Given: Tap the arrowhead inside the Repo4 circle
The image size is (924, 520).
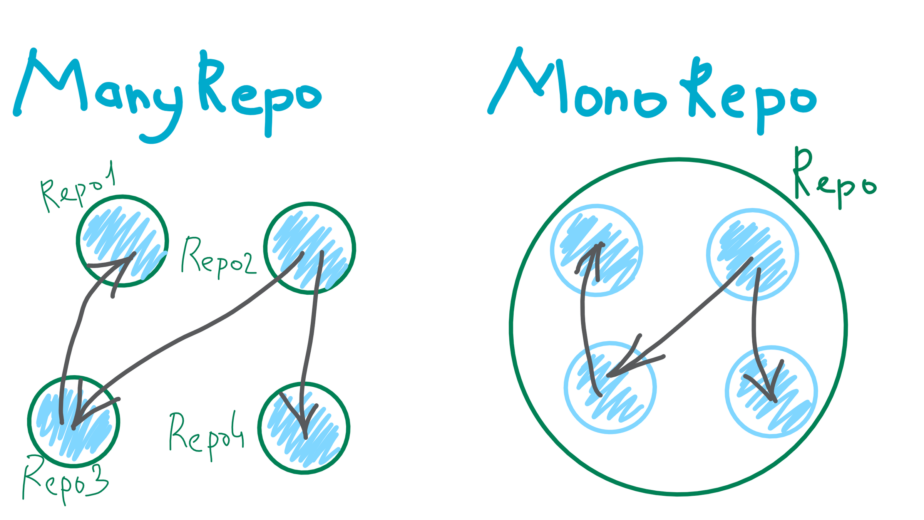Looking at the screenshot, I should pos(304,420).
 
